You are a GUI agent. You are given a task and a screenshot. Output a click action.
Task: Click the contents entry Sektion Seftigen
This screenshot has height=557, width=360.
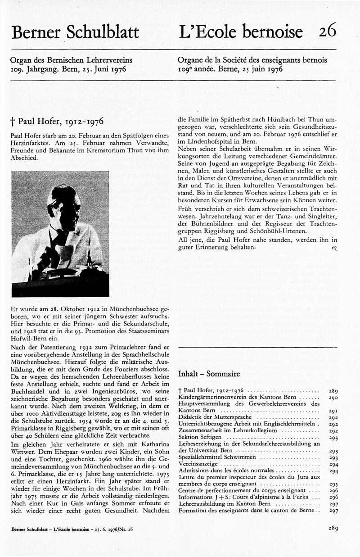(202, 437)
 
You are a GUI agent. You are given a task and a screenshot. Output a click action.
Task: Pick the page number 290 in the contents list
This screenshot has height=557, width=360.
(333, 398)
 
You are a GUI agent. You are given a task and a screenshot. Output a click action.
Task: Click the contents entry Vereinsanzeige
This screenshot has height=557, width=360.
(198, 464)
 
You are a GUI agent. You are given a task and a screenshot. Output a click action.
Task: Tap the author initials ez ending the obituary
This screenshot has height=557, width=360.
(333, 248)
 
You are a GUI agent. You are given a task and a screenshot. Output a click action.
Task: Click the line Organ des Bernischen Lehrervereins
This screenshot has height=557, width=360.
(71, 59)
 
